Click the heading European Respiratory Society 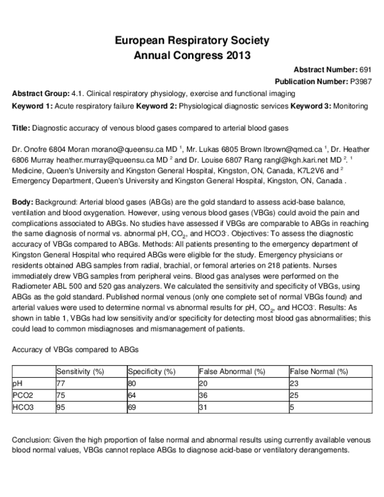(191, 41)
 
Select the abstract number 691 (364, 69)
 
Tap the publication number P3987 (359, 82)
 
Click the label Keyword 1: (32, 106)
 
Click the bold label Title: (21, 128)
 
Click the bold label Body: (22, 202)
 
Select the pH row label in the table (18, 383)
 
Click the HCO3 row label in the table (23, 407)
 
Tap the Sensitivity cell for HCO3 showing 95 (61, 407)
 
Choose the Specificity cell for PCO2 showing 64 (132, 395)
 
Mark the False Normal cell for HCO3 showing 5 (292, 407)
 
